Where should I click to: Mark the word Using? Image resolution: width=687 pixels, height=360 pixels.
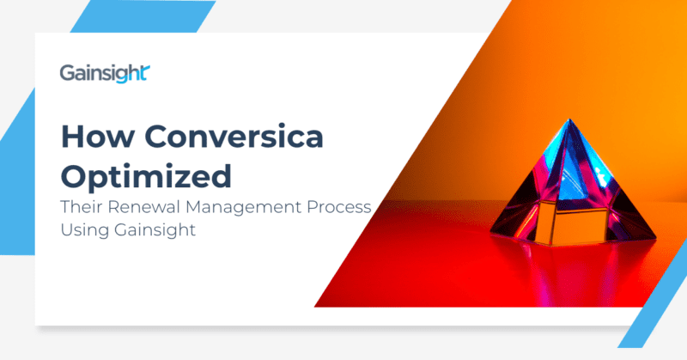[81, 231]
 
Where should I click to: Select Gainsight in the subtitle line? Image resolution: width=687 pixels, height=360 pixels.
[149, 231]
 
